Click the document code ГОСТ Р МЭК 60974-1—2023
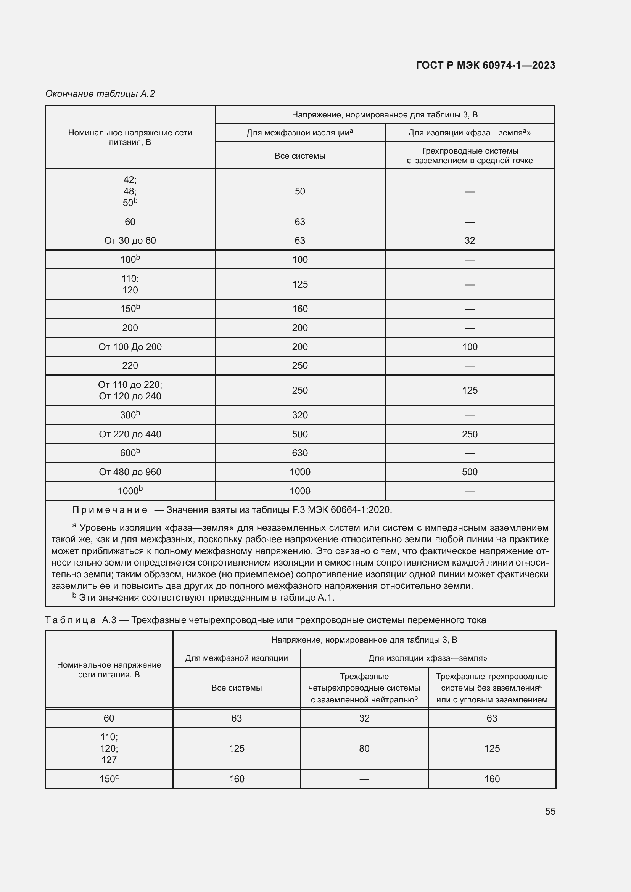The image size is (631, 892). tap(485, 65)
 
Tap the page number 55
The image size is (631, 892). tap(550, 811)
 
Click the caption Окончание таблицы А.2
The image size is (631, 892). tap(100, 94)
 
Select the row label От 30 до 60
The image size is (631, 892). tap(130, 241)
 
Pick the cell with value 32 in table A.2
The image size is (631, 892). tap(469, 241)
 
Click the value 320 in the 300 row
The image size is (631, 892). tap(299, 415)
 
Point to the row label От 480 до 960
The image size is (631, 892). tap(130, 472)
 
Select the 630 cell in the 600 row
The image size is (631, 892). tap(299, 453)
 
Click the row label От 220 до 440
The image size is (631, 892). tap(130, 434)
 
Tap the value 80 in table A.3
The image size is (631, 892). tap(364, 748)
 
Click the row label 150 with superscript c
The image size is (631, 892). tap(109, 779)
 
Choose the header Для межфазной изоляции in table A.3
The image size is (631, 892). tap(236, 658)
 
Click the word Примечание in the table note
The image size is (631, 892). tap(109, 510)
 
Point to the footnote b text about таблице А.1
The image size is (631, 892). tap(206, 598)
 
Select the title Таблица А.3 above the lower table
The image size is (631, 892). tap(266, 620)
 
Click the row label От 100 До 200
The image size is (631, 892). tap(130, 347)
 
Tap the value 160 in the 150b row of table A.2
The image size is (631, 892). tap(299, 309)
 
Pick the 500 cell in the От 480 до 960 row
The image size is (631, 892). tap(469, 472)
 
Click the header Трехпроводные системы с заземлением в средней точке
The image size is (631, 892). tap(469, 156)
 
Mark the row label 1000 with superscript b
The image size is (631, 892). tap(130, 491)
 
